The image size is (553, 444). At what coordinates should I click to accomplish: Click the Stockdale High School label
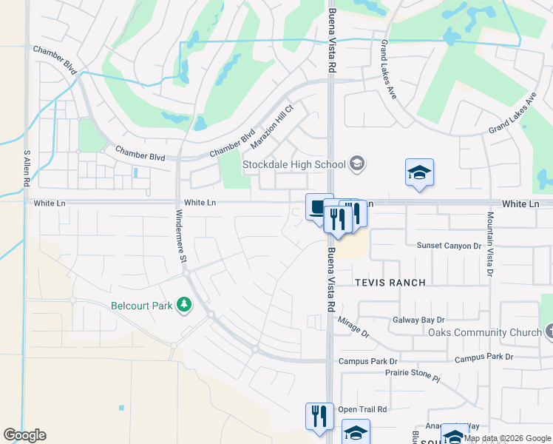point(295,164)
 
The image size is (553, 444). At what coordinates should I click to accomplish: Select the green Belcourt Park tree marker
point(184,305)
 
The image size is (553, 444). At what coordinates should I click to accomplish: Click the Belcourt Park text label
point(141,305)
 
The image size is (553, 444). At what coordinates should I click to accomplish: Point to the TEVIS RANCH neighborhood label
point(390,283)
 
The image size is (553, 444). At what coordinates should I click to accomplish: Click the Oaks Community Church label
point(484,332)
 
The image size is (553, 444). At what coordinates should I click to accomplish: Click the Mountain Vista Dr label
point(489,244)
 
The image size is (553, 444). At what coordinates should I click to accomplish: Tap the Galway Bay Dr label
point(420,320)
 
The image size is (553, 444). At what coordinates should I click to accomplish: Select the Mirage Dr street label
point(353,328)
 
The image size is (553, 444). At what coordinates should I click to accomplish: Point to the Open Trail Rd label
point(362,409)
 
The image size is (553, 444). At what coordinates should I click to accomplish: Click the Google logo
point(24,435)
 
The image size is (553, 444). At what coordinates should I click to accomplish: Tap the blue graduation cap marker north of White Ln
point(419,173)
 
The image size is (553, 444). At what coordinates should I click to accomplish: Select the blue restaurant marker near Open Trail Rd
point(319,415)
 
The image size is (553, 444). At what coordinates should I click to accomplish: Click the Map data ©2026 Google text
point(507,438)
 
